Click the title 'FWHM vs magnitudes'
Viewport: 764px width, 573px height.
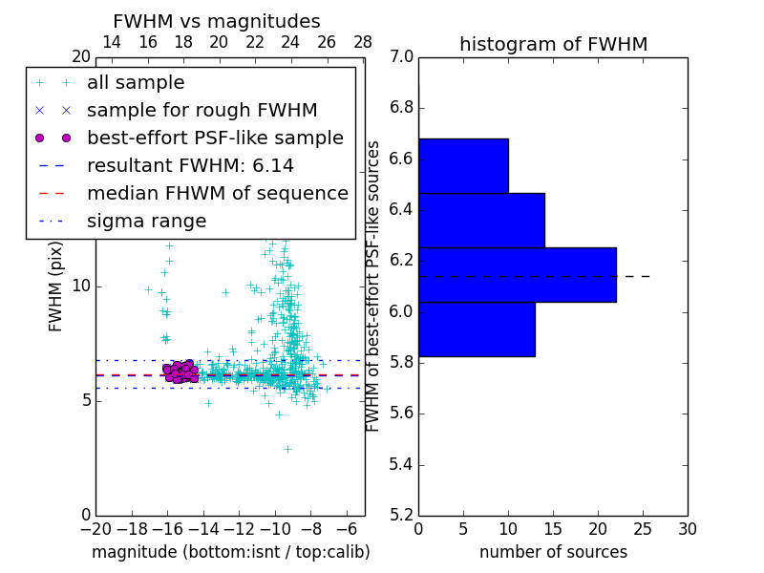point(217,21)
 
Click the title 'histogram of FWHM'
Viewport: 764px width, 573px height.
point(553,44)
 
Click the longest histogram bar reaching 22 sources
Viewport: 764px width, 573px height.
point(517,275)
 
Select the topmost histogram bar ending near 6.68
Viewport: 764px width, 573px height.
point(463,166)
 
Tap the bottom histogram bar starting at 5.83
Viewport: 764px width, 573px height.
point(477,329)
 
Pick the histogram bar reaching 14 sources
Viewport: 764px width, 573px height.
point(481,221)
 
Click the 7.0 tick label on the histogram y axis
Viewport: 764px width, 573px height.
point(402,56)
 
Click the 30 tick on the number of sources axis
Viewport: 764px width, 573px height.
point(687,529)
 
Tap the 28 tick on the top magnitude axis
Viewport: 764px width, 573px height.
point(363,42)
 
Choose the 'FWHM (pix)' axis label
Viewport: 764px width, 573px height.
point(56,286)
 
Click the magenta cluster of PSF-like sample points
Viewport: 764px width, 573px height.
point(179,371)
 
